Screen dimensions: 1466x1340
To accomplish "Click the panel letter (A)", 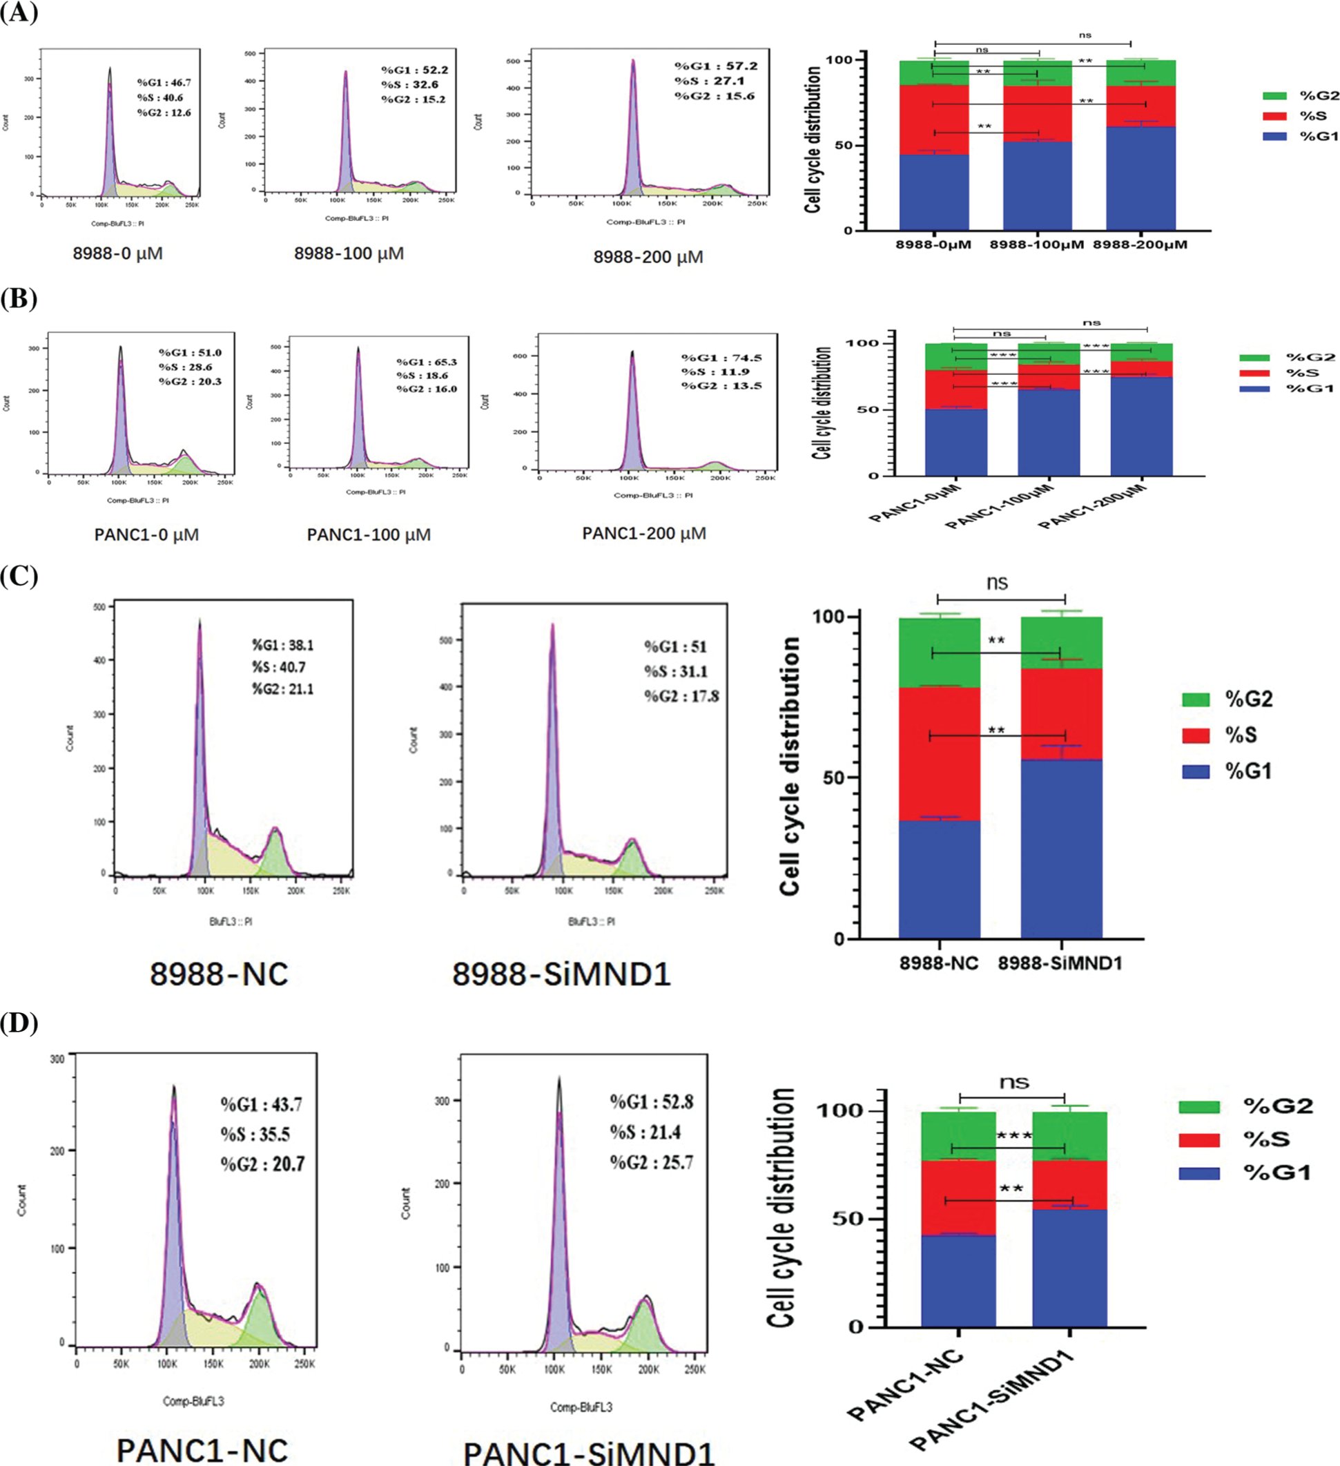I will coord(18,12).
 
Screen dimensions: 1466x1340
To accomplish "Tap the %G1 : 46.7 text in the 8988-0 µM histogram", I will coord(164,83).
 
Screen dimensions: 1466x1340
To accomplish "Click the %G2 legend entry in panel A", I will coord(1300,95).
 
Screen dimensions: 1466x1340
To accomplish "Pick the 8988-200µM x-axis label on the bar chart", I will coord(1139,245).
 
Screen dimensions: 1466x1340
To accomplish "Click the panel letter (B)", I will coord(18,298).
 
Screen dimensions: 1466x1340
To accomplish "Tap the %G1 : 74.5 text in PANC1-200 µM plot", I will coord(721,358).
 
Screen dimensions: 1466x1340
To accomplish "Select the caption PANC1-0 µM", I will coord(146,534).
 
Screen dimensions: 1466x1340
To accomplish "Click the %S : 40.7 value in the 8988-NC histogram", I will coord(282,667).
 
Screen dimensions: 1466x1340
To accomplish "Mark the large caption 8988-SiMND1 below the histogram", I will coord(561,974).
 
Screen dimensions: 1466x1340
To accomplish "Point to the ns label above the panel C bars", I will coord(997,583).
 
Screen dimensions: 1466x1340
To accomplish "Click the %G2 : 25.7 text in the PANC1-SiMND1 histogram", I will coord(651,1162).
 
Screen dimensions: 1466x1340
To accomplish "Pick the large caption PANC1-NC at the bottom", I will coord(202,1450).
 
